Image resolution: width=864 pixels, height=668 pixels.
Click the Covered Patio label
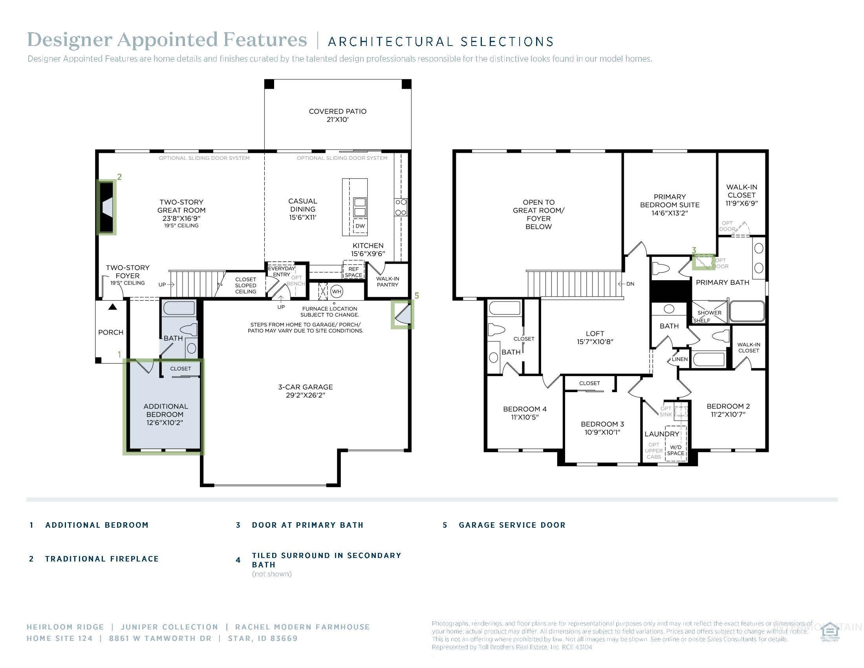pos(337,112)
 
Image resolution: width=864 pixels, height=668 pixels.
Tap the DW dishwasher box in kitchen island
pos(360,226)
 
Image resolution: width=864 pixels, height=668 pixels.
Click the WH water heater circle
pos(336,292)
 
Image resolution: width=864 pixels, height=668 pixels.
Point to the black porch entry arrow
pos(113,307)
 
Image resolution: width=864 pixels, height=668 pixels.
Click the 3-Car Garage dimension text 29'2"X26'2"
pos(306,395)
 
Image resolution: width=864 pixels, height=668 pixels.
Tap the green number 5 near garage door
pos(417,295)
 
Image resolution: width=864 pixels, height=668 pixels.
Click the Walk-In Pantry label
pos(387,281)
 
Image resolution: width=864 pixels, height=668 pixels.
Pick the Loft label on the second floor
pos(595,334)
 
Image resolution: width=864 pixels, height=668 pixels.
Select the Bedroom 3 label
pos(602,424)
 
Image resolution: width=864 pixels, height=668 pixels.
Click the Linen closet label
pos(680,359)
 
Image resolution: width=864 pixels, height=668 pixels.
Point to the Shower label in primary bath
pos(709,313)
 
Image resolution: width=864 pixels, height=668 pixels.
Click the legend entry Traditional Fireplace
pos(102,559)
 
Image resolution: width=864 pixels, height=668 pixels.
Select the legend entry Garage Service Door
pos(512,525)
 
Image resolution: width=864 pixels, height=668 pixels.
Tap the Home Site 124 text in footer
pos(59,638)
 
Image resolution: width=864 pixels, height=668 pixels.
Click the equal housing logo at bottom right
pos(829,633)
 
